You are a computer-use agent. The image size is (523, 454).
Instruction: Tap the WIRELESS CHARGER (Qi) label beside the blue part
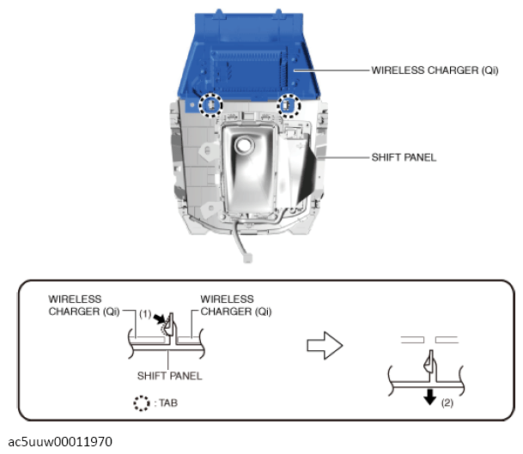click(x=435, y=70)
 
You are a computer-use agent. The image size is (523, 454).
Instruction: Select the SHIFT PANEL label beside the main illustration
click(x=404, y=157)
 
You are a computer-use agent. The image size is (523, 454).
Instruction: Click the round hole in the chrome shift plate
click(x=245, y=145)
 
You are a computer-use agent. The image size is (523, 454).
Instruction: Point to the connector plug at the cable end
click(x=247, y=258)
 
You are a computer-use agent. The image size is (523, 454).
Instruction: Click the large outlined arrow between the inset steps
click(x=325, y=345)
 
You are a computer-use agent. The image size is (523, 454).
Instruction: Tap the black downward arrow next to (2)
click(x=429, y=396)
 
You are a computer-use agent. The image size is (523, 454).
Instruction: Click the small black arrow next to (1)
click(x=160, y=318)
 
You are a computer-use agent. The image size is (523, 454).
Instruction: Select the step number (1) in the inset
click(x=145, y=314)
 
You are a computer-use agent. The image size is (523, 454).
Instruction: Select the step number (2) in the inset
click(x=447, y=403)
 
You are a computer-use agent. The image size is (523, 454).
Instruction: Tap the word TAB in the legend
click(x=168, y=403)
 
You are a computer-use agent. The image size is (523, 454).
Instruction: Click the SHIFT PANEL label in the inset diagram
click(x=169, y=376)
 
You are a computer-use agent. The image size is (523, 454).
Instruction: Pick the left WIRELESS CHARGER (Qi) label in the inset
click(x=83, y=306)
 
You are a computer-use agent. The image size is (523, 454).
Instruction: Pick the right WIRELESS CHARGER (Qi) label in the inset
click(x=236, y=306)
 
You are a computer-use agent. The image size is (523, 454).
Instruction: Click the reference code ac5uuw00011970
click(x=60, y=442)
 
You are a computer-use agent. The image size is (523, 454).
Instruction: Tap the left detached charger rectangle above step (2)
click(x=412, y=340)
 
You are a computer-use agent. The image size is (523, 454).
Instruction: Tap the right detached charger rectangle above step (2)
click(x=447, y=340)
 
